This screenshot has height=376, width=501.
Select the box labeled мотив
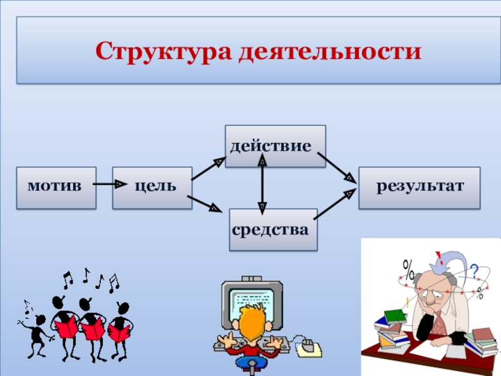pos(56,187)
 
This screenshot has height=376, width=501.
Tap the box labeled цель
pos(152,187)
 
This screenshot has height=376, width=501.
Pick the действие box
pos(275,146)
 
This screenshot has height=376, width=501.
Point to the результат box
pos(419,187)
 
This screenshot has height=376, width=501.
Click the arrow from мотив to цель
pos(110,185)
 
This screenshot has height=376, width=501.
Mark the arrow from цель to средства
pos(206,204)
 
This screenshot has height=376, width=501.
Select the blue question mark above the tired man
pos(474,271)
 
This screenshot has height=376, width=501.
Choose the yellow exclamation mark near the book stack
pos(407,302)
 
